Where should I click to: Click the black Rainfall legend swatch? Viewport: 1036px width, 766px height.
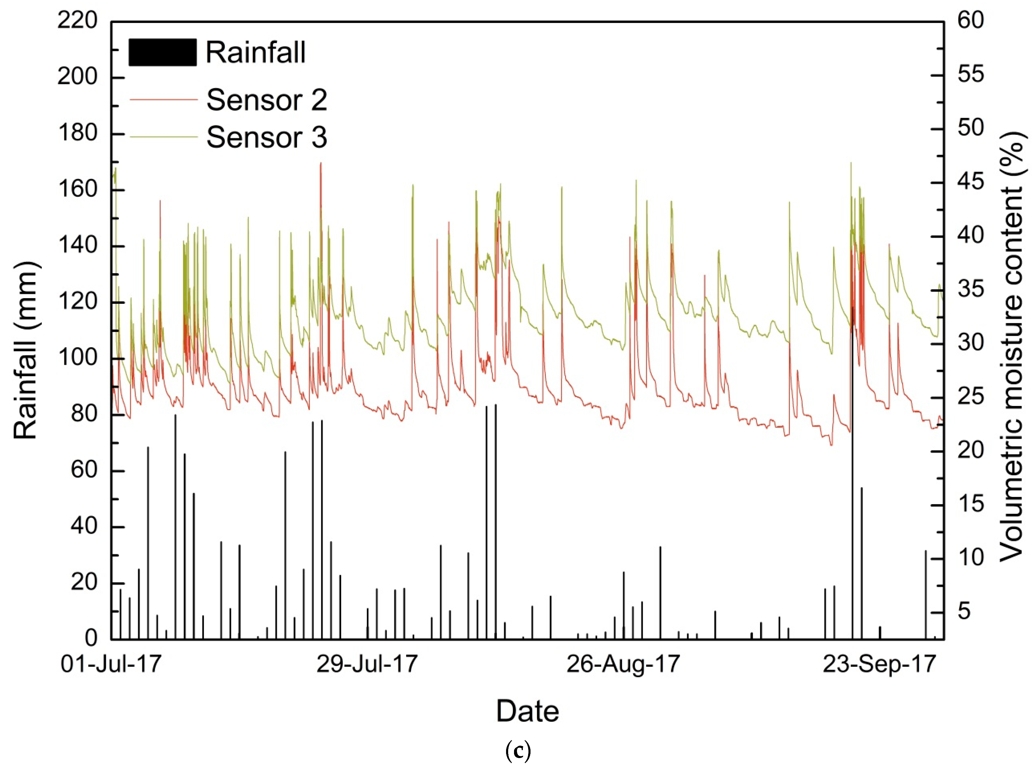(x=162, y=52)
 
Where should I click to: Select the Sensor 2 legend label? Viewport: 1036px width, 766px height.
(x=267, y=100)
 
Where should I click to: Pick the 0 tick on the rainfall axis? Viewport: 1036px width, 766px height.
(x=91, y=639)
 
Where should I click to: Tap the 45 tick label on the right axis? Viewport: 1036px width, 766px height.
(x=971, y=181)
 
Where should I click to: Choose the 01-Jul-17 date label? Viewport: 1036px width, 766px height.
(x=111, y=664)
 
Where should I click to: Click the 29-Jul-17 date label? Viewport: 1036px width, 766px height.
(x=367, y=664)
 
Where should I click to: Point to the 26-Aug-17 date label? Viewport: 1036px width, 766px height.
(x=623, y=664)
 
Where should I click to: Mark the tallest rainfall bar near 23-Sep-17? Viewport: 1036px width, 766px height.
(x=852, y=464)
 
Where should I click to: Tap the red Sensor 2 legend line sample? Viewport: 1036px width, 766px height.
(x=163, y=99)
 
